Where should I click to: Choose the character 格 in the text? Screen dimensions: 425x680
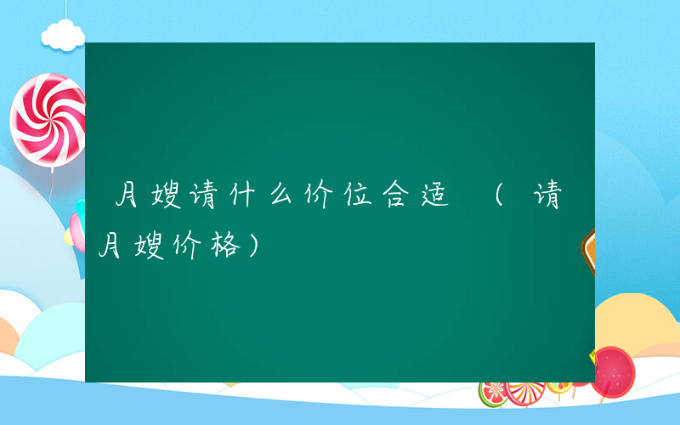229,246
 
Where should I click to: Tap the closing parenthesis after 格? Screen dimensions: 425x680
257,246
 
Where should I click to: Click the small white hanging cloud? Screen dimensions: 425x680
64,34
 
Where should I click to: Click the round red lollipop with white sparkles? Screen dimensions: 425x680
613,373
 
